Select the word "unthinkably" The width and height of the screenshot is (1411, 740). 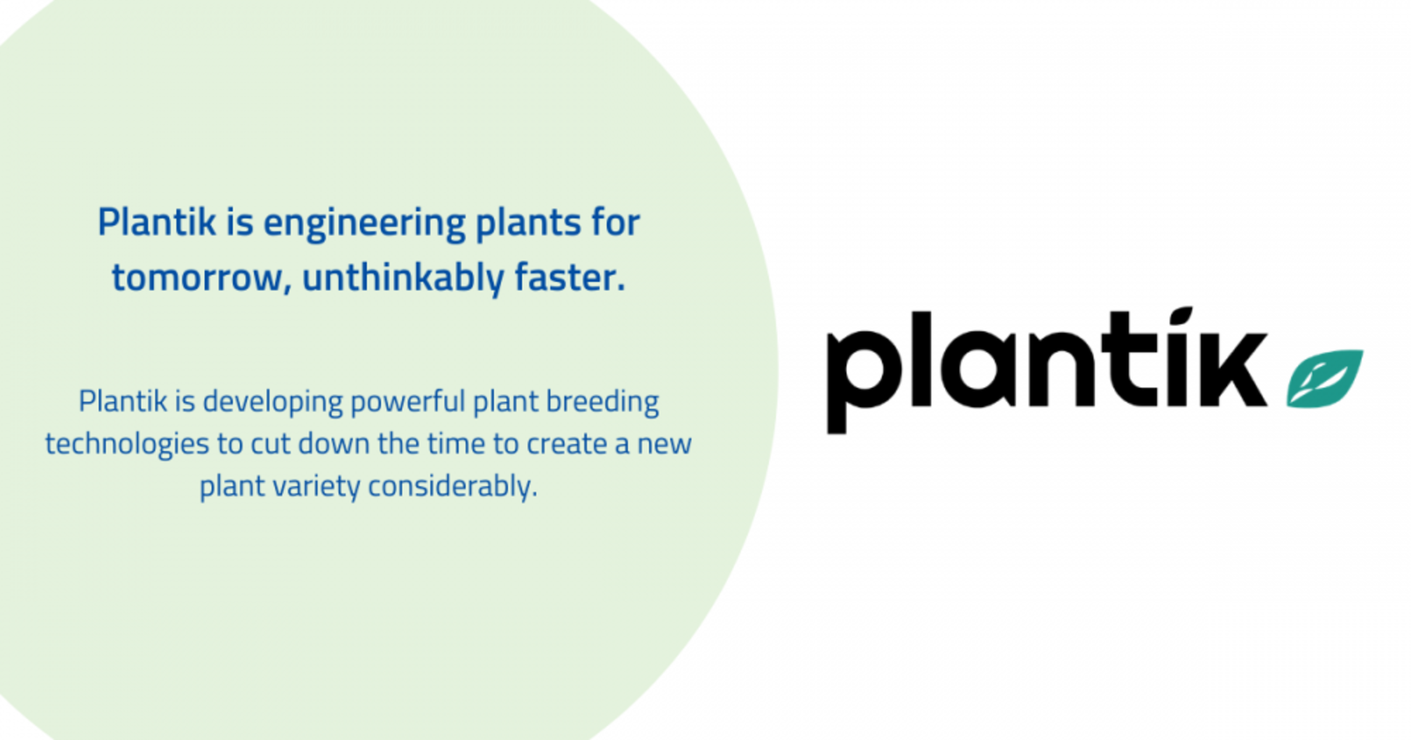403,278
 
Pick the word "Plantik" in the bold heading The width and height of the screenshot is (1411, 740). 157,222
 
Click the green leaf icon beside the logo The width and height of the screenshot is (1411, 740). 1325,378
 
